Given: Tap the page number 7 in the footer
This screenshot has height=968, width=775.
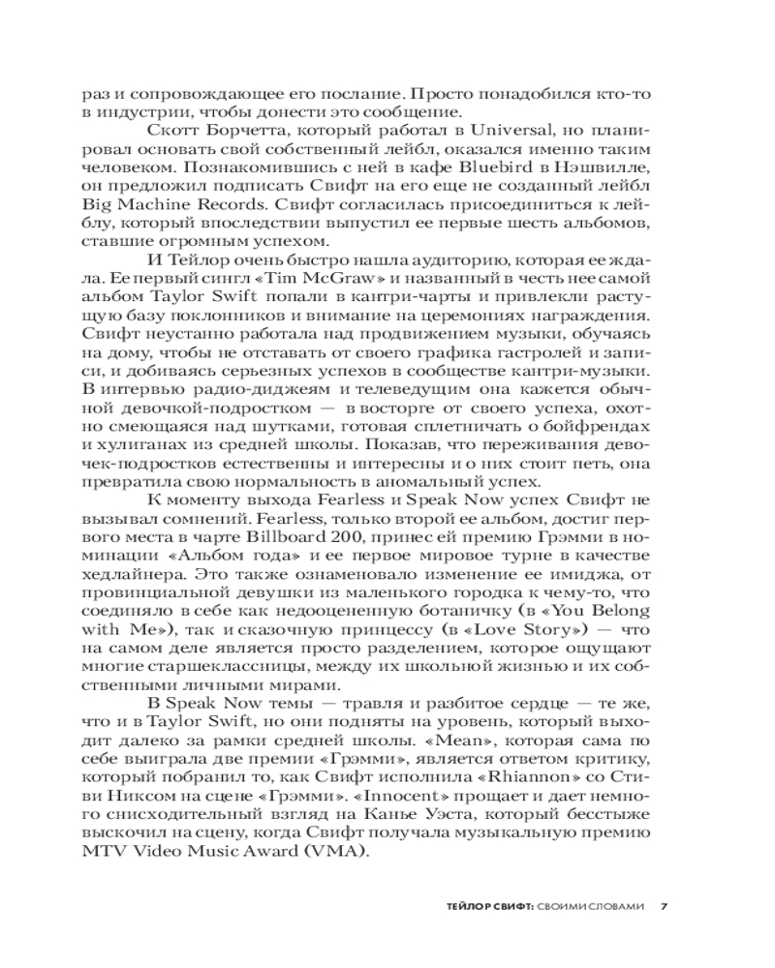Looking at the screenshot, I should pyautogui.click(x=664, y=907).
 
